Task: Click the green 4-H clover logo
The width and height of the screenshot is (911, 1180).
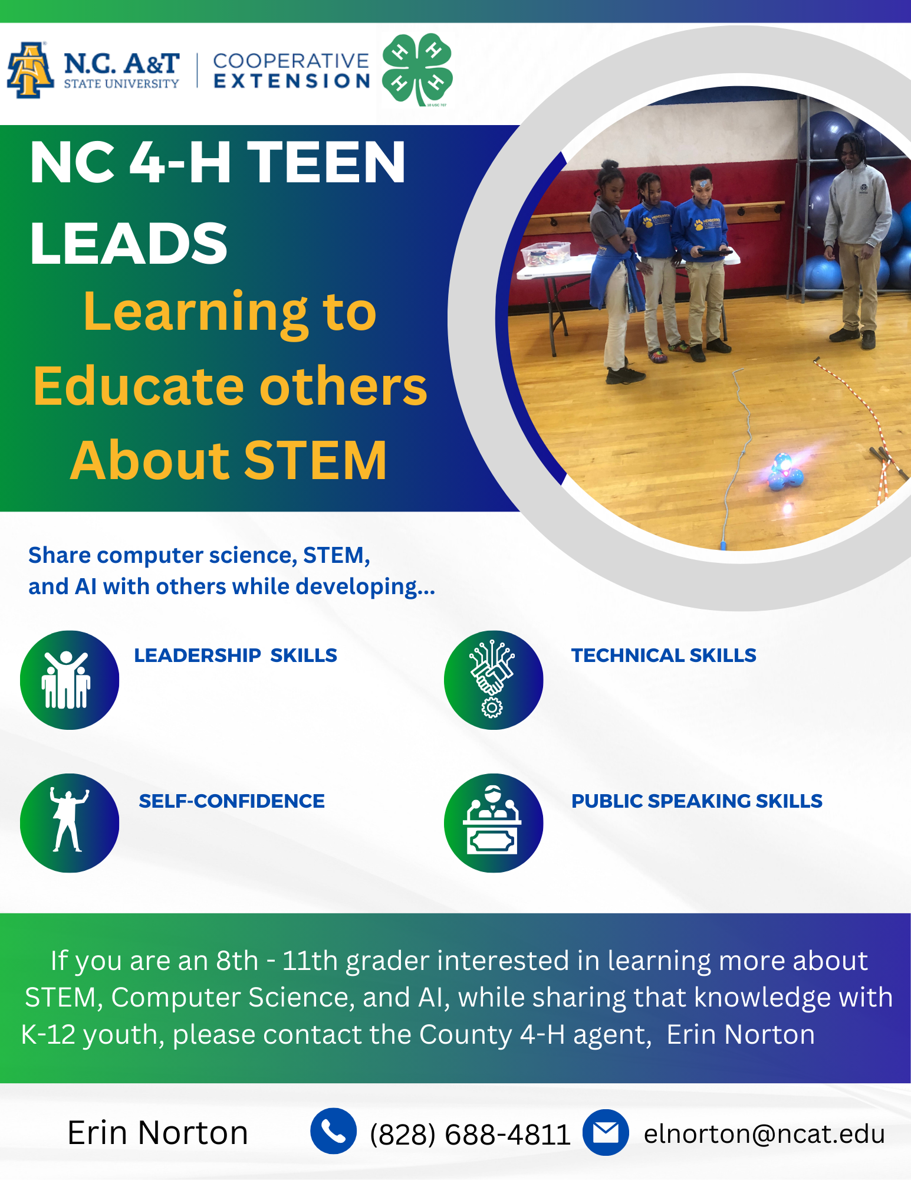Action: (x=417, y=70)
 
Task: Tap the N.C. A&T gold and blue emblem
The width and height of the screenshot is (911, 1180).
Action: (x=29, y=70)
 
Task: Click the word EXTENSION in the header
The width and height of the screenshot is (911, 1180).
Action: (x=292, y=81)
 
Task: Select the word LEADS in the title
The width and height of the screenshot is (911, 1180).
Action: (x=129, y=243)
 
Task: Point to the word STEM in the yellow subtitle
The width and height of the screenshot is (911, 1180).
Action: (x=315, y=461)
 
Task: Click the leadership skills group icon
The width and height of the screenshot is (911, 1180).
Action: (x=70, y=680)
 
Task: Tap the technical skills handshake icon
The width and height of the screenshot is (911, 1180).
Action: (x=494, y=680)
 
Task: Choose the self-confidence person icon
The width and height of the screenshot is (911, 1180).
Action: (x=70, y=823)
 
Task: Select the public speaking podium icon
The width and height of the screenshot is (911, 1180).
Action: (x=494, y=823)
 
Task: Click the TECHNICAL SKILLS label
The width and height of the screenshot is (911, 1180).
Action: (x=663, y=655)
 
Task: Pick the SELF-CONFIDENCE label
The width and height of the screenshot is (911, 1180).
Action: (x=232, y=801)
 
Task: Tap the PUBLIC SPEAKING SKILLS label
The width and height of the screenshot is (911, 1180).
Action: (x=696, y=801)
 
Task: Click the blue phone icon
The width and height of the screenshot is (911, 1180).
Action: (x=333, y=1131)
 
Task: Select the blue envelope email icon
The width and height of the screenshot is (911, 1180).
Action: (x=606, y=1132)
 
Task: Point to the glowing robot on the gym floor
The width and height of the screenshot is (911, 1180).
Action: (x=784, y=471)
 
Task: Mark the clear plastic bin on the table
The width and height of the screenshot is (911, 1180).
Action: (x=545, y=254)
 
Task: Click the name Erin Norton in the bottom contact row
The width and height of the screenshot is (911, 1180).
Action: (x=157, y=1133)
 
